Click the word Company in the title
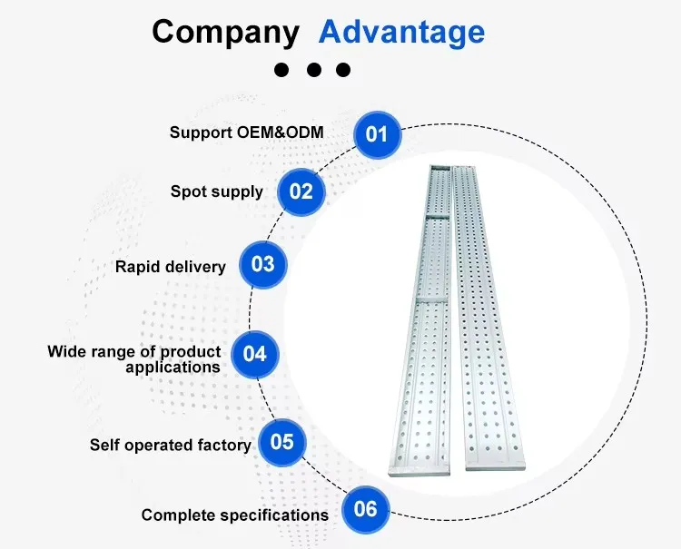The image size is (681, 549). (225, 33)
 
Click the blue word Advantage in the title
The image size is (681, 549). (401, 33)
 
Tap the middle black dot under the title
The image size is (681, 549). (314, 70)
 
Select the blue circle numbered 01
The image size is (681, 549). (376, 134)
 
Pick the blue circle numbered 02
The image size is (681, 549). (301, 191)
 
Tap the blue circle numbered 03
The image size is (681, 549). (262, 265)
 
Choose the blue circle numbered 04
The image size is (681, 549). (255, 353)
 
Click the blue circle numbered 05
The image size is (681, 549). (282, 442)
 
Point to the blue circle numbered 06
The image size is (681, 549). (365, 508)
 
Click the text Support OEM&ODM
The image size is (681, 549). (246, 132)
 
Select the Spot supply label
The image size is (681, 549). (216, 191)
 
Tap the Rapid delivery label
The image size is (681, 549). (170, 267)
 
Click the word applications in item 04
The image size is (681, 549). (173, 368)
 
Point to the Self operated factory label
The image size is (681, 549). (170, 445)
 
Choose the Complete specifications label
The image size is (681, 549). (234, 515)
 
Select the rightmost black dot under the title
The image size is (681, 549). (342, 70)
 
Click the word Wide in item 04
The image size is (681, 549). (65, 351)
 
